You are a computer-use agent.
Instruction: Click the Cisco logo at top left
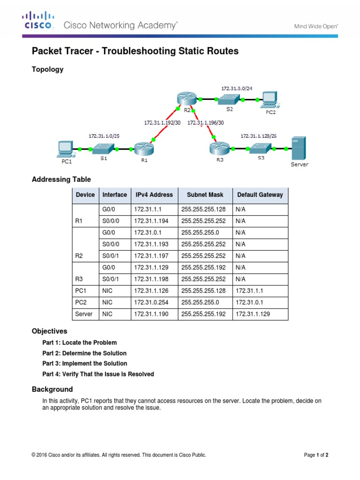[39, 21]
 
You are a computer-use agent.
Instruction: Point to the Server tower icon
[299, 148]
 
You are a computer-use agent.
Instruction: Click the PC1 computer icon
[64, 149]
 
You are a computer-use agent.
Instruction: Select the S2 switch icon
[229, 99]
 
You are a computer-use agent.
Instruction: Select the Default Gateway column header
[260, 195]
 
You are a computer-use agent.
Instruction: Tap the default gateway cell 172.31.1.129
[253, 314]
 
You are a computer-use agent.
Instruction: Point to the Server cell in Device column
[84, 314]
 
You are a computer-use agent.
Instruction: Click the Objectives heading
[49, 331]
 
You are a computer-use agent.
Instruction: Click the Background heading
[52, 390]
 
